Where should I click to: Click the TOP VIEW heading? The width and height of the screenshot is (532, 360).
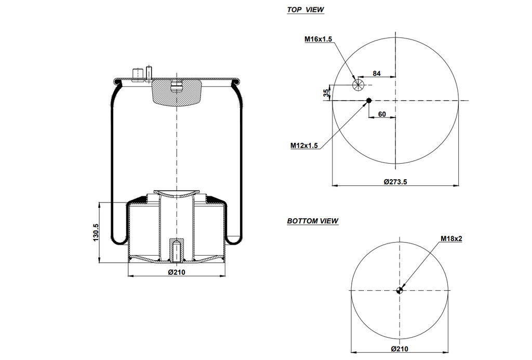tap(305, 10)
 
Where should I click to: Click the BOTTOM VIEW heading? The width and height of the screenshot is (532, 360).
tap(313, 221)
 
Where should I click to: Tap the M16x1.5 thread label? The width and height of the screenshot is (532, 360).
tap(318, 39)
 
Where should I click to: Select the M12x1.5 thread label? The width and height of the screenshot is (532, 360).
tap(304, 146)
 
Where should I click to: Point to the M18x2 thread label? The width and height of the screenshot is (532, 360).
tap(451, 238)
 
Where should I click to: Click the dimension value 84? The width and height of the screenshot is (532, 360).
tap(377, 74)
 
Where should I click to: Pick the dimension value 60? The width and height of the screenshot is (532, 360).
tap(382, 114)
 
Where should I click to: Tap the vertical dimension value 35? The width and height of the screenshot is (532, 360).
tap(326, 93)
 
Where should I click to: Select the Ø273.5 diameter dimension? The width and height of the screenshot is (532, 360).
tap(395, 182)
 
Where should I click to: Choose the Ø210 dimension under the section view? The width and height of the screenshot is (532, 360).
tap(176, 272)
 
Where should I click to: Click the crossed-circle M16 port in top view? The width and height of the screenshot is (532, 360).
tap(358, 85)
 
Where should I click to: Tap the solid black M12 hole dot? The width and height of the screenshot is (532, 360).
tap(369, 100)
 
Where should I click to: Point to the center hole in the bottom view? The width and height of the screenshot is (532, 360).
tap(400, 290)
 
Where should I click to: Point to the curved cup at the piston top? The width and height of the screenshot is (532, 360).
tap(177, 195)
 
